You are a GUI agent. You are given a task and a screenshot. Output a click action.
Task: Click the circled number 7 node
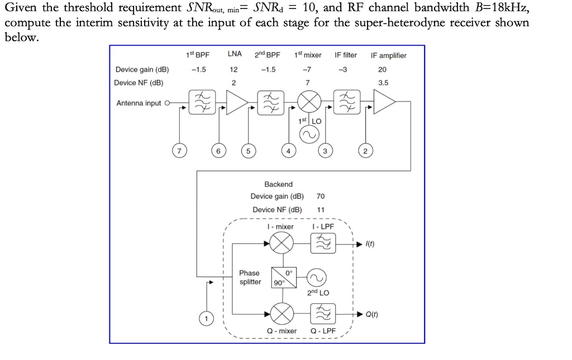(x=179, y=151)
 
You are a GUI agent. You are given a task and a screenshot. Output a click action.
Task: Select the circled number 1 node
(x=207, y=319)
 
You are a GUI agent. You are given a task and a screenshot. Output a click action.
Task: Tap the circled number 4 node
(x=288, y=151)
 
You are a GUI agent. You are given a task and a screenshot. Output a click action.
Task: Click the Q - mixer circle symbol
(x=282, y=314)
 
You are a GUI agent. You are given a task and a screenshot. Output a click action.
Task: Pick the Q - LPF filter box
(x=323, y=314)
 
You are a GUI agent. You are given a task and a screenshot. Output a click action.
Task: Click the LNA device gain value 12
(x=233, y=70)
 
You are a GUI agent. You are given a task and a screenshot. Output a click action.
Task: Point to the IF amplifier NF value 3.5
(x=383, y=83)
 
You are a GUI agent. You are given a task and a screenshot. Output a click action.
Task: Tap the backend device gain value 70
(x=320, y=196)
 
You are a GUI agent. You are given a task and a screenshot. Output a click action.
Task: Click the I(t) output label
(x=370, y=244)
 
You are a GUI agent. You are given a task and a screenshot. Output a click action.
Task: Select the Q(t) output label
(x=371, y=315)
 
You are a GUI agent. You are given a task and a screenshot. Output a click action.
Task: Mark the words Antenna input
(x=138, y=103)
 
